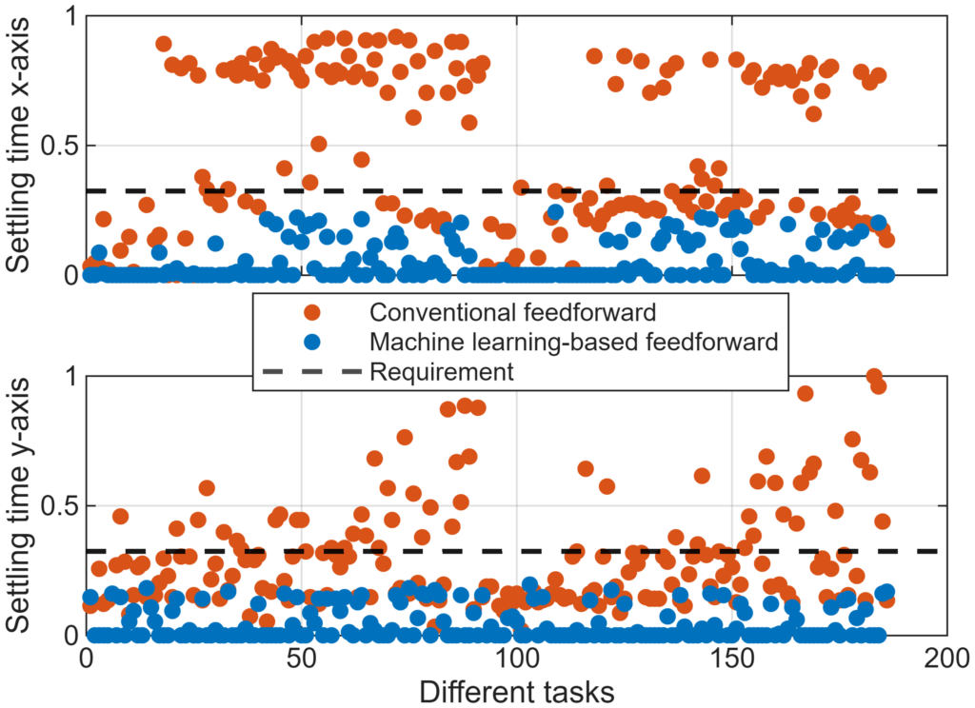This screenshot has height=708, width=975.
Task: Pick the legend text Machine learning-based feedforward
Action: (574, 341)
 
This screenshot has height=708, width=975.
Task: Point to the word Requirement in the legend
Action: (442, 371)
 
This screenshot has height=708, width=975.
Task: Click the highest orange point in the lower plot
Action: (874, 376)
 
